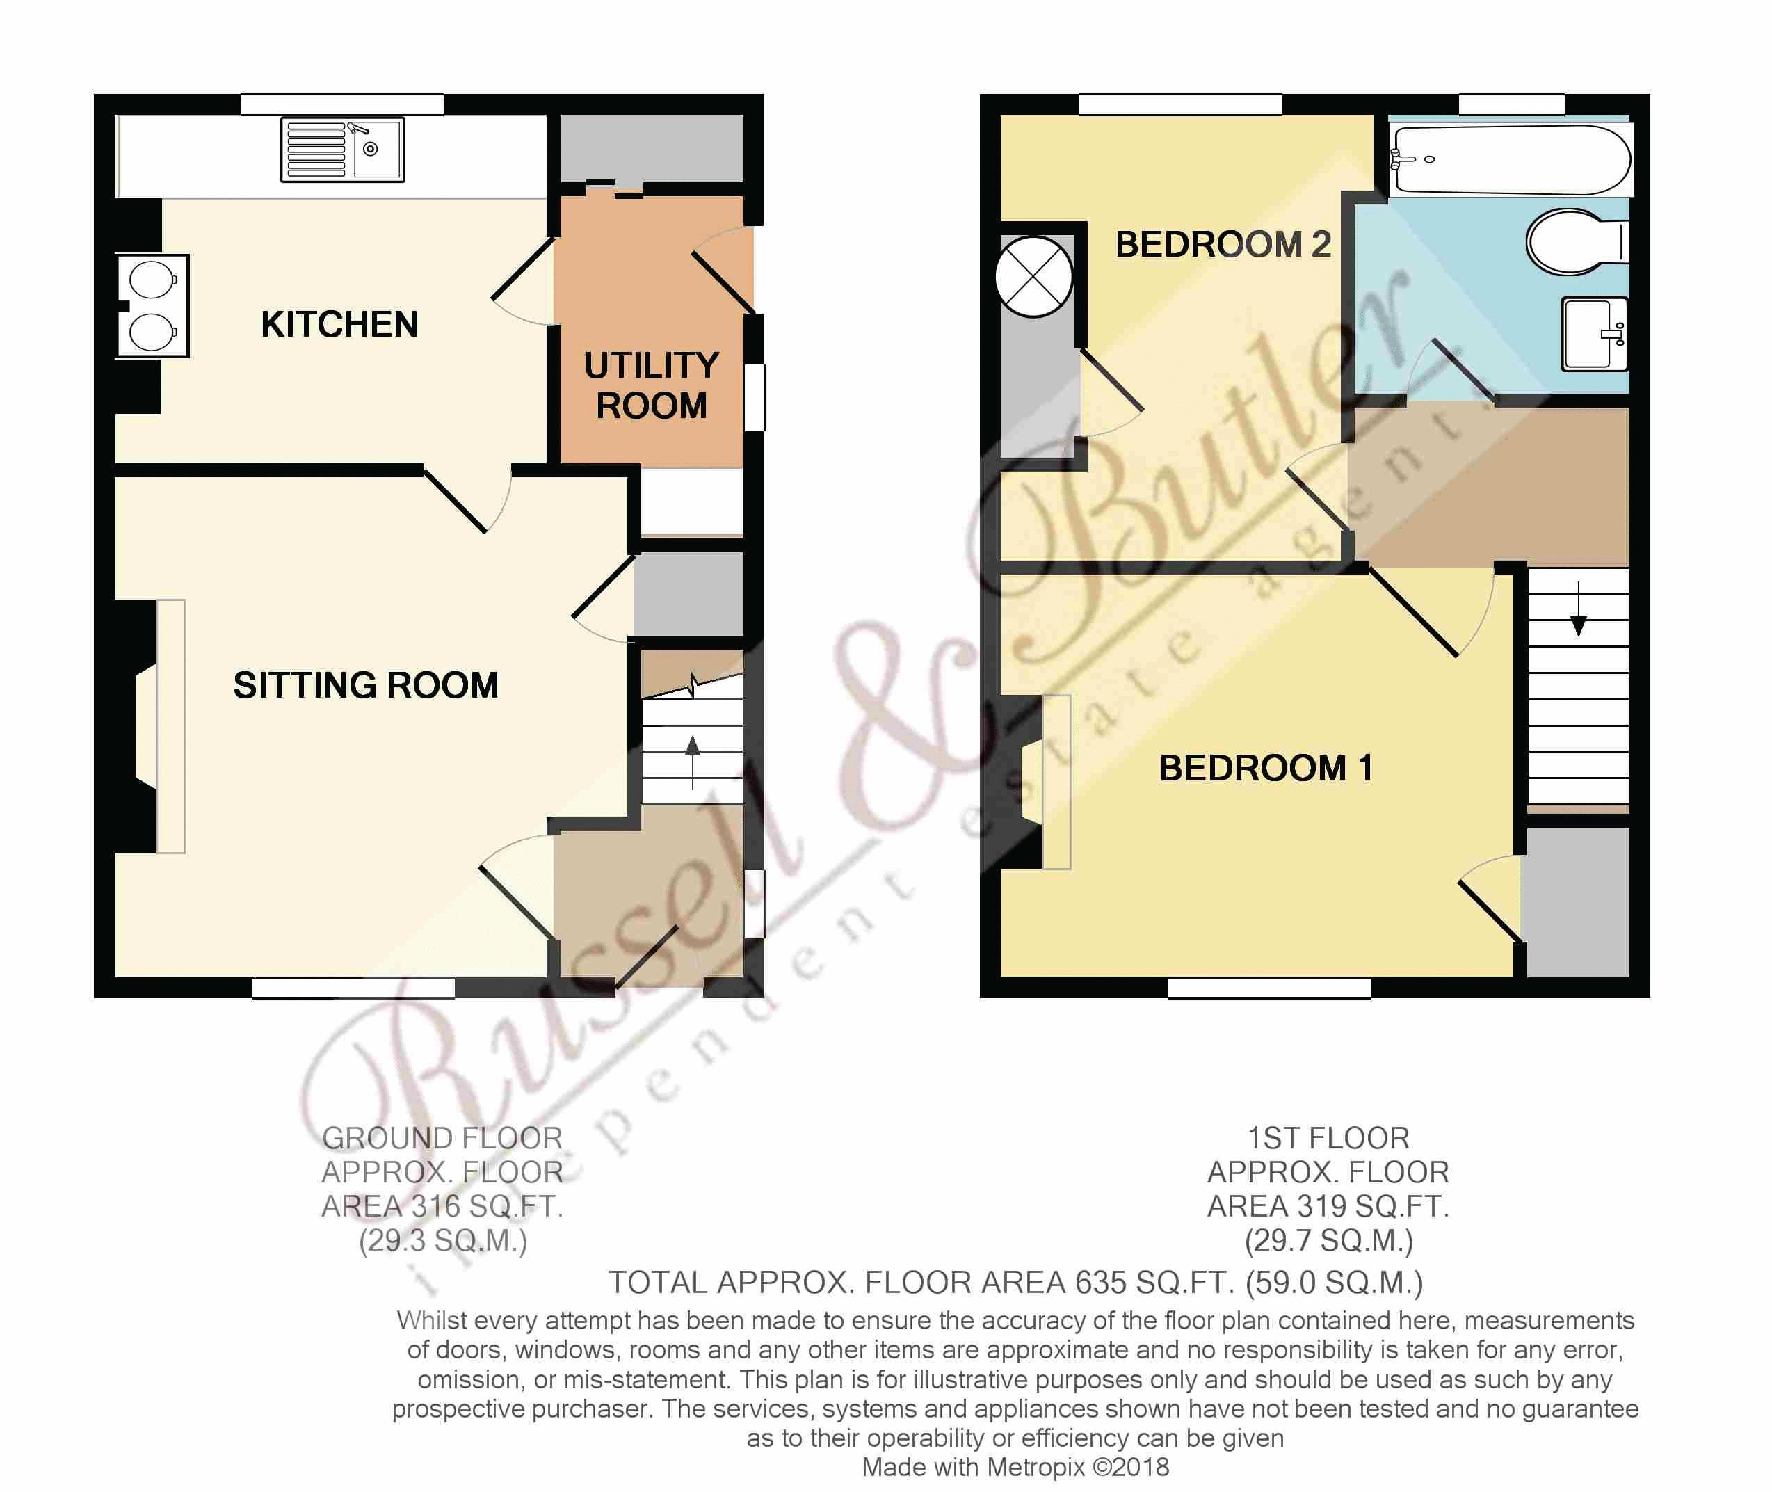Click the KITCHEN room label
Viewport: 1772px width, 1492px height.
click(339, 325)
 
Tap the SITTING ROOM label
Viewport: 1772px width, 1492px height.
click(365, 685)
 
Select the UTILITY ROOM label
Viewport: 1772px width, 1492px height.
click(652, 385)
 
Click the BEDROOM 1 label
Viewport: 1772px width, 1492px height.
click(1265, 768)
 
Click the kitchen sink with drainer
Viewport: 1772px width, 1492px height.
click(342, 150)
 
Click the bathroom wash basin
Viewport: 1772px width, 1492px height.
click(1593, 334)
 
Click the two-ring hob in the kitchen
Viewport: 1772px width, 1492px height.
click(153, 305)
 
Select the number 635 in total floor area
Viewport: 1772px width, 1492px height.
click(1100, 1283)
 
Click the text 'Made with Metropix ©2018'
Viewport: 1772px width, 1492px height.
click(1015, 1468)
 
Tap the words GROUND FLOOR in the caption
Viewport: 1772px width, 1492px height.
click(442, 1139)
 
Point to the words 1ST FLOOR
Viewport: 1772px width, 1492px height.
click(1328, 1139)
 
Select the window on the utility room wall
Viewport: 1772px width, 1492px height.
click(754, 398)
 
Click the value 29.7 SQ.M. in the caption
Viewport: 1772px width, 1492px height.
click(1328, 1241)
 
